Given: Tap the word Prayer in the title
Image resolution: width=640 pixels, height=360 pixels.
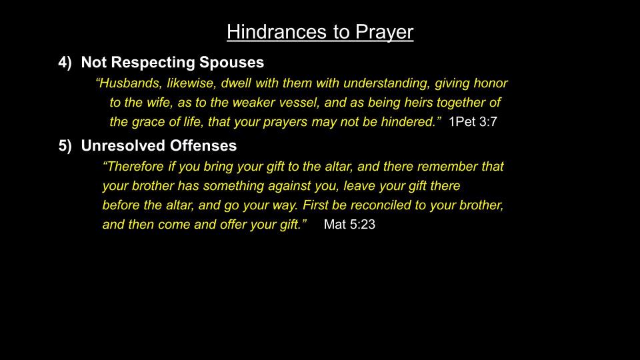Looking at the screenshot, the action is pos(384,32).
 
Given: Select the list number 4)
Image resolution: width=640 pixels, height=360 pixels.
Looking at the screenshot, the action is pos(65,63).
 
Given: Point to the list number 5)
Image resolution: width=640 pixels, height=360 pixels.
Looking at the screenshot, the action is pos(65,146).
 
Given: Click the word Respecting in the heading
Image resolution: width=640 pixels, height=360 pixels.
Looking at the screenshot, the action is pos(153,63).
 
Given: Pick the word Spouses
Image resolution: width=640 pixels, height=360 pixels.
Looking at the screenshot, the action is pos(231,63).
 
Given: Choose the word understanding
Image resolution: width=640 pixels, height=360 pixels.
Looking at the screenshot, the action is pos(387,83).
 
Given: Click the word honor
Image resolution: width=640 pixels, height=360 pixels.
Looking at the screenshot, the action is pos(490,83).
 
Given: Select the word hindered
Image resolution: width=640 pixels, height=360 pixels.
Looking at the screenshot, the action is pos(409,121).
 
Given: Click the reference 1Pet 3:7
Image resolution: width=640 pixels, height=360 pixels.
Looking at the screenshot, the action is pos(473,121).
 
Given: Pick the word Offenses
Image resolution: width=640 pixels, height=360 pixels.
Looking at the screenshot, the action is pos(203,146).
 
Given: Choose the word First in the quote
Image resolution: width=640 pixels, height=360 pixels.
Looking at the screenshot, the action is pos(315,205).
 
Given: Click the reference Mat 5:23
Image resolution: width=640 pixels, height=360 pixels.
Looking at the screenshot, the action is pos(349,225).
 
